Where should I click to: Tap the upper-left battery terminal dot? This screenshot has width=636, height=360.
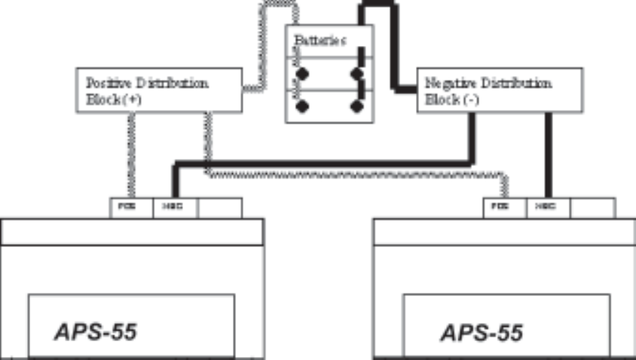(302, 74)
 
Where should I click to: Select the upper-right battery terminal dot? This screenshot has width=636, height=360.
(355, 74)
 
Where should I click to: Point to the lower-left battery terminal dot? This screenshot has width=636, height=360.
(302, 105)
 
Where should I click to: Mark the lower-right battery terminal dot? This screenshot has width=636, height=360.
(355, 105)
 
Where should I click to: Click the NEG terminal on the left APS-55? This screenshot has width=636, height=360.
(175, 207)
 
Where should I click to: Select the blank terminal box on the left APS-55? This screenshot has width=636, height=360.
(219, 207)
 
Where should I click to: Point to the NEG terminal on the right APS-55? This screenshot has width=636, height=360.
(548, 207)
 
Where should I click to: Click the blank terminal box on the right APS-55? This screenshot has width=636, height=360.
(592, 207)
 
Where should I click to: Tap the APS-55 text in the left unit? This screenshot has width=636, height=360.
(96, 332)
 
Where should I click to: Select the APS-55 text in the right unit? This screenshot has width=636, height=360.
(482, 332)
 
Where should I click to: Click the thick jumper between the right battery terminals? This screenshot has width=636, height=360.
(362, 89)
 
